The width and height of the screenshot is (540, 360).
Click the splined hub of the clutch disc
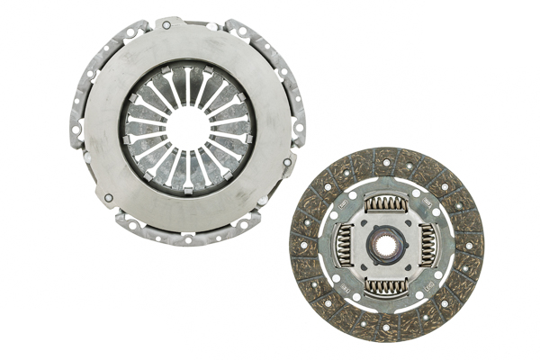[385, 245]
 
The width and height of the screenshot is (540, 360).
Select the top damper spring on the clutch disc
[385, 204]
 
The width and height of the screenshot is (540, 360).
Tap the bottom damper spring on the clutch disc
[385, 285]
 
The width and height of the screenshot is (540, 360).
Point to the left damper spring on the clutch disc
[345, 245]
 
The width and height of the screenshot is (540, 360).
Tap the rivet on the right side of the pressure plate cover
[287, 162]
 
